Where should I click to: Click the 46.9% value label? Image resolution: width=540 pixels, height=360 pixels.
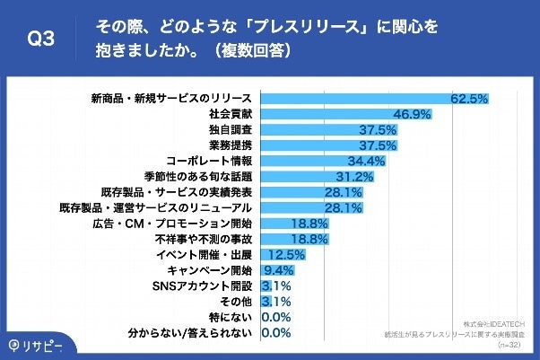413,114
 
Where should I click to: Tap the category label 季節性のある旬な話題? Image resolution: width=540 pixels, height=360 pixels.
198,176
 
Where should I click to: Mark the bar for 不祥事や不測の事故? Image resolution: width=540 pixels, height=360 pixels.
295,239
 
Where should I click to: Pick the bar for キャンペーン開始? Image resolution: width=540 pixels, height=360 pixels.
273,270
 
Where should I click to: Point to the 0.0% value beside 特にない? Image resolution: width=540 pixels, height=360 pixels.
276,317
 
